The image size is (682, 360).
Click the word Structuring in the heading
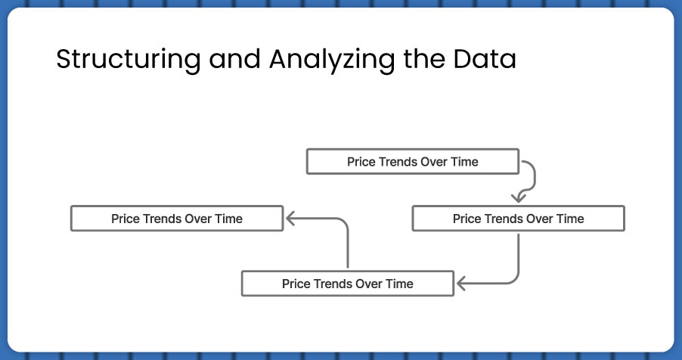pos(129,60)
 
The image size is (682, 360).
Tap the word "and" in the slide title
pos(234,59)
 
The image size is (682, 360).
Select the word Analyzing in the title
pos(332,60)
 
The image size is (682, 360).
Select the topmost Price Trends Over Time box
pos(413,162)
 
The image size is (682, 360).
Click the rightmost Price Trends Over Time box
pos(519,219)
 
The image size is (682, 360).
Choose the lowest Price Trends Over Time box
pos(348,284)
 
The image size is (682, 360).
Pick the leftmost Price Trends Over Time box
pos(177,219)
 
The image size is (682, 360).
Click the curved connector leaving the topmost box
pos(535,178)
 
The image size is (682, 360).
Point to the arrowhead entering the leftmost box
pos(290,219)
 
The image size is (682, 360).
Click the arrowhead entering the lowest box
pos(461,284)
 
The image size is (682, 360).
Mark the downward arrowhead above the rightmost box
pos(518,198)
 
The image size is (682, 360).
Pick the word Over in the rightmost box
pos(538,219)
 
